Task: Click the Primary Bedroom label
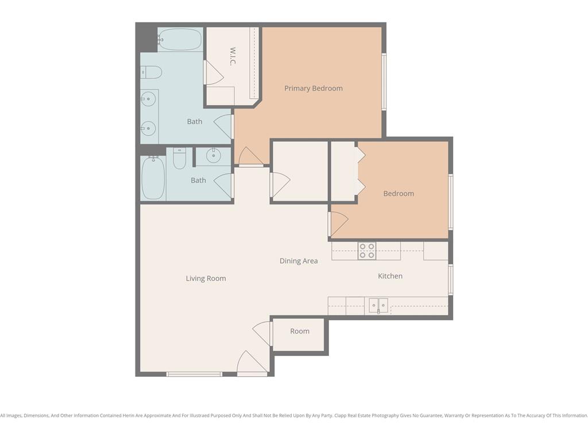(314, 88)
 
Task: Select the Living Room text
(206, 278)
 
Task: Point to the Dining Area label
(299, 261)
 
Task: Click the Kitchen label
(390, 276)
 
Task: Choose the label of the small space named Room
(300, 331)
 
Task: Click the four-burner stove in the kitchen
(367, 251)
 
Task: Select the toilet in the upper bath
(151, 72)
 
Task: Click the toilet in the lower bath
(180, 158)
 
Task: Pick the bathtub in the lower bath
(153, 178)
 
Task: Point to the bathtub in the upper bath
(180, 40)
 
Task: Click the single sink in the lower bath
(214, 155)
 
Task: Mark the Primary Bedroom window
(384, 82)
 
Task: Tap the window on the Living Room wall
(194, 374)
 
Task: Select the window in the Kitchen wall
(451, 280)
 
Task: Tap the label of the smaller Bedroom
(399, 194)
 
